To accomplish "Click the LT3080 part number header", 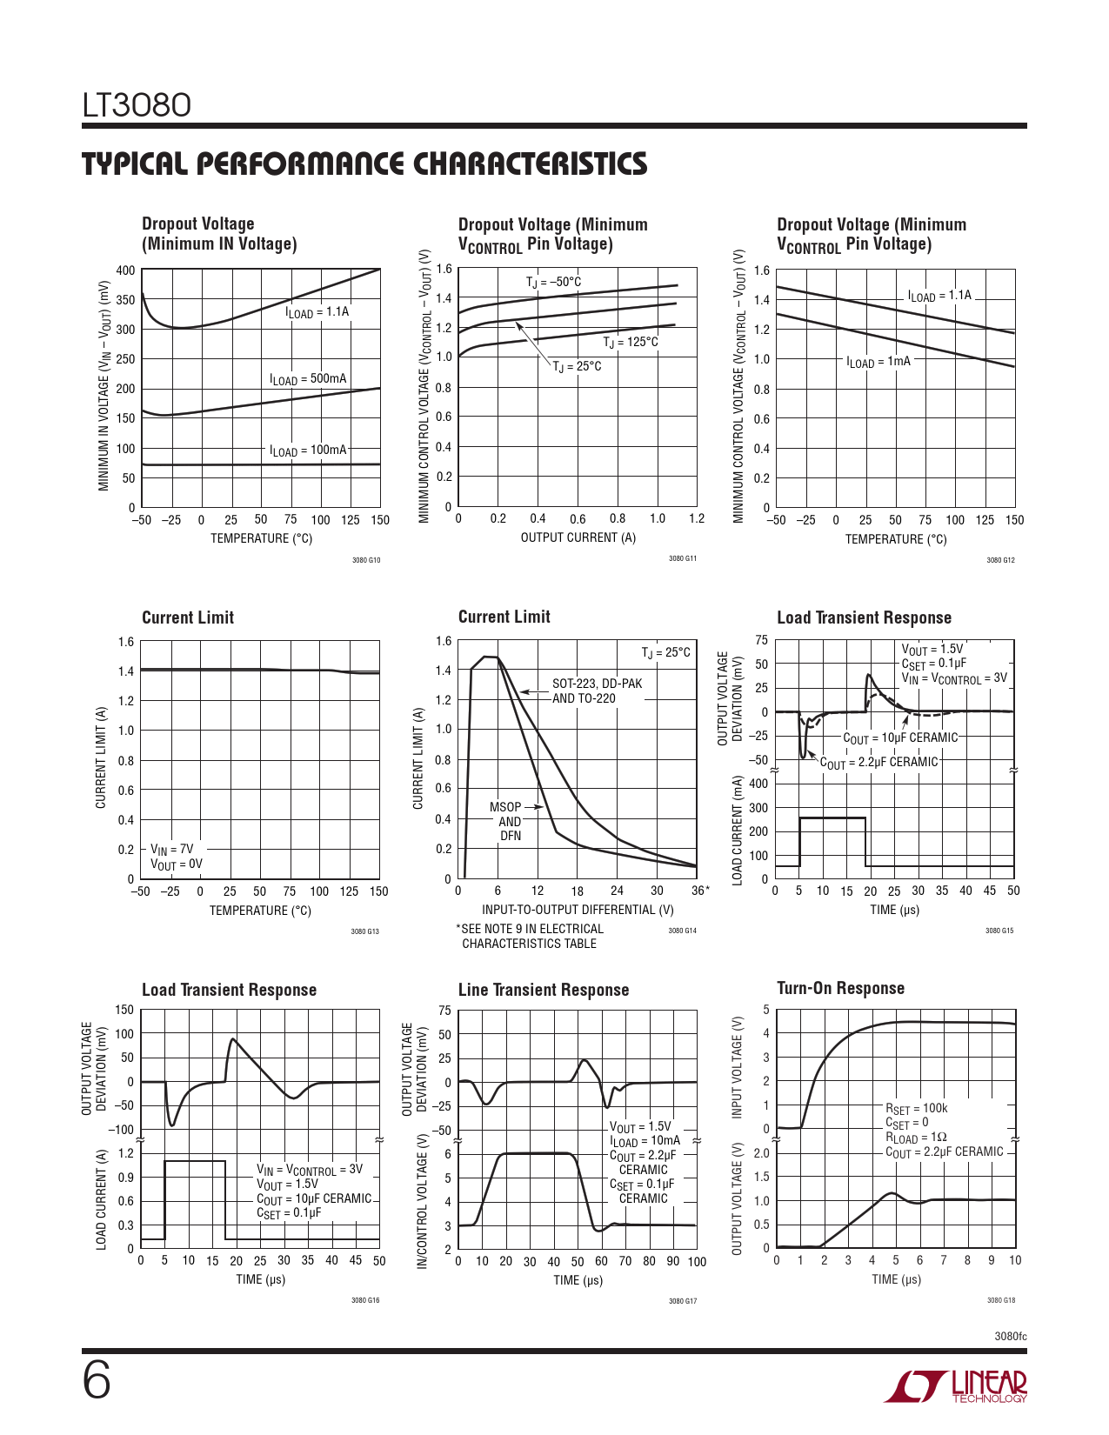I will [x=137, y=105].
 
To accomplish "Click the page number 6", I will [x=97, y=1381].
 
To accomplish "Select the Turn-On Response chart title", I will [x=840, y=988].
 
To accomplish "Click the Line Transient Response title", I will [x=543, y=990].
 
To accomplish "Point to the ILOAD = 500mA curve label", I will [x=308, y=379].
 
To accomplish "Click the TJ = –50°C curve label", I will [x=553, y=283].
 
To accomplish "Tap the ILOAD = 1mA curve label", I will [x=879, y=362].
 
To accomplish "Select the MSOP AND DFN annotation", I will [x=510, y=821].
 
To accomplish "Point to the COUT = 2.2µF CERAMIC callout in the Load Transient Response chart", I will [x=879, y=763].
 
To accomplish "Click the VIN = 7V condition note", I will [x=172, y=850].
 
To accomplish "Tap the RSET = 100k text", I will [x=916, y=1108].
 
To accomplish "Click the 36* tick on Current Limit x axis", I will [x=700, y=891].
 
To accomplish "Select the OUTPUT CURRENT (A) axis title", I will [x=578, y=537].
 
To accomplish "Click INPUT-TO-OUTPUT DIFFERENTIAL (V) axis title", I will [x=578, y=910].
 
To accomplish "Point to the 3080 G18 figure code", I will [x=1000, y=1300].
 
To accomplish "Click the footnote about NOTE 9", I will [x=529, y=936].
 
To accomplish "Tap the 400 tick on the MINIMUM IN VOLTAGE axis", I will [x=125, y=270].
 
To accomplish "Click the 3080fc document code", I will [x=1010, y=1336].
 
